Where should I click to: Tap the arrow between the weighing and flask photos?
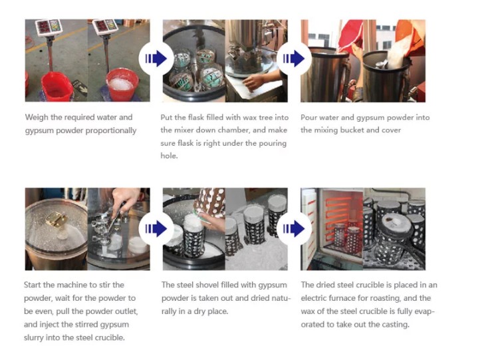click(x=152, y=59)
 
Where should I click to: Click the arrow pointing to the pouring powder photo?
click(x=291, y=59)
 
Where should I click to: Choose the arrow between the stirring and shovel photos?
click(x=152, y=228)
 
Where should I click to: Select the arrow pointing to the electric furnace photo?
click(x=291, y=228)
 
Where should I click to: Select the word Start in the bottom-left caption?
click(x=35, y=285)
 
